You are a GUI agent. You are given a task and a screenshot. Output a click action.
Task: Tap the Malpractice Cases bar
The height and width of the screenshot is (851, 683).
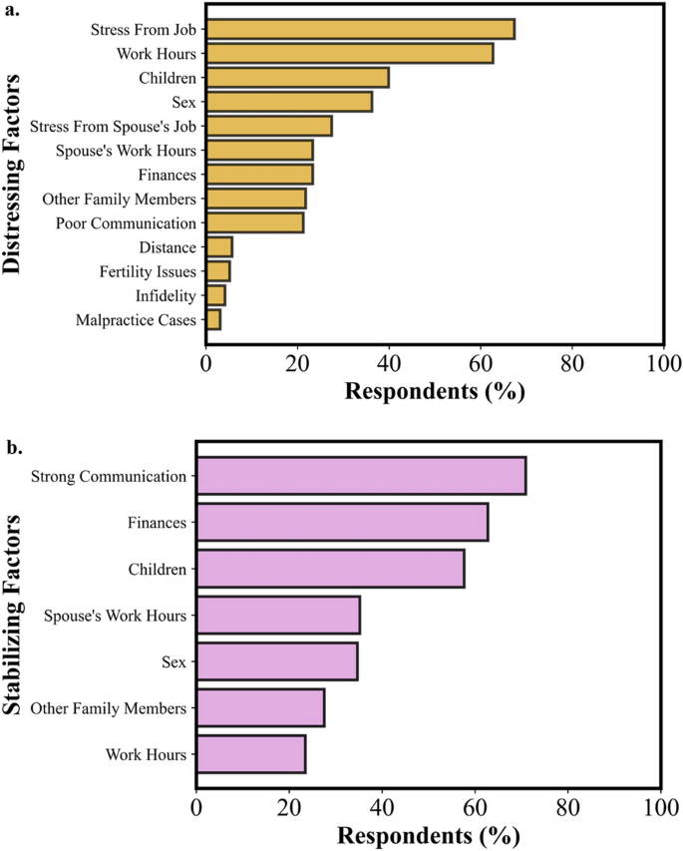click(x=213, y=320)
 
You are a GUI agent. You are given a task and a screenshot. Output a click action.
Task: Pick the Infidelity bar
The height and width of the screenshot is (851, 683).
click(x=215, y=295)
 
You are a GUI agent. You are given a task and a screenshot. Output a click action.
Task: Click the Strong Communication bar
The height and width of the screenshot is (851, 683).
click(x=361, y=475)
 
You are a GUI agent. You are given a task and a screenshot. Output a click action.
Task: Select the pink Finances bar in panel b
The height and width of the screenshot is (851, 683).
click(x=342, y=522)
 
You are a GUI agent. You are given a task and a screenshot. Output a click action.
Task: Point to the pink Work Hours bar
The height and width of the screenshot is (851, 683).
click(x=251, y=754)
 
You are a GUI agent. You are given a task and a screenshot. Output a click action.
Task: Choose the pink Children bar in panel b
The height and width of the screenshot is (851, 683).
click(x=330, y=568)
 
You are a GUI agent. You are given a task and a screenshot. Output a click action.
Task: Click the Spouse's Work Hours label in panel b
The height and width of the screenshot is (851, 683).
click(x=115, y=616)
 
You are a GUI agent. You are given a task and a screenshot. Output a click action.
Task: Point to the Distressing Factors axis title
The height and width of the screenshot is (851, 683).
click(x=14, y=177)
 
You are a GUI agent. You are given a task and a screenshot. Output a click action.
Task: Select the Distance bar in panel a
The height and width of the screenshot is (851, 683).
click(x=218, y=246)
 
